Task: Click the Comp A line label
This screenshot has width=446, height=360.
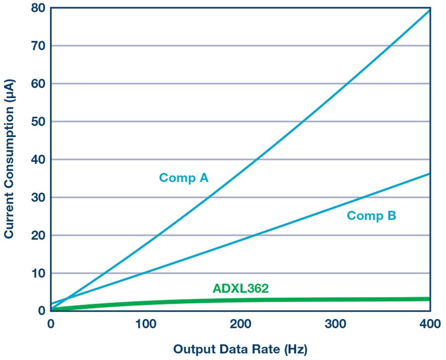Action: (184, 178)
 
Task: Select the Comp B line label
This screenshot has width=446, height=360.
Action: (372, 216)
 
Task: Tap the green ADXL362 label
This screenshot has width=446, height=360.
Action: (241, 288)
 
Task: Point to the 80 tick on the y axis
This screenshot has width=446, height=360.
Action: (38, 8)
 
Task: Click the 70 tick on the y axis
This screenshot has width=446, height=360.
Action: (38, 46)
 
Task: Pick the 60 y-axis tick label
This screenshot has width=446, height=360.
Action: (38, 84)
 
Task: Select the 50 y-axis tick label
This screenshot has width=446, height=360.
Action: (38, 122)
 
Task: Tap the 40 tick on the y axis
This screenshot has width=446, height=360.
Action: (38, 159)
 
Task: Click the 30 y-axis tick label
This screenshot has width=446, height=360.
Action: (38, 198)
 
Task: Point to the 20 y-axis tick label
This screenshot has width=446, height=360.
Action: (38, 235)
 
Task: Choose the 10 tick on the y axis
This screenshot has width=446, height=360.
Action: (38, 273)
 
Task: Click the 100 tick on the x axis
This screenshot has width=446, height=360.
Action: (146, 324)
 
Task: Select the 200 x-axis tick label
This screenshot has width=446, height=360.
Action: (241, 324)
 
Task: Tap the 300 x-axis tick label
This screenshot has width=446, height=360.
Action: (335, 324)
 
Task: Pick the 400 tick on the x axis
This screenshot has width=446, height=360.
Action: (430, 324)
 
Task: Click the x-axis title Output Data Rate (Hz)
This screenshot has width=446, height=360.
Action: (240, 349)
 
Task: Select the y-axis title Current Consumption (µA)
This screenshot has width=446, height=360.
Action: (9, 159)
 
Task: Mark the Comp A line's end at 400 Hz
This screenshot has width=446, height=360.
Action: (430, 10)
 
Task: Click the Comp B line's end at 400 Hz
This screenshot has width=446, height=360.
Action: (430, 174)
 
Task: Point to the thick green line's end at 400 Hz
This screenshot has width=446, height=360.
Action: (429, 299)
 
